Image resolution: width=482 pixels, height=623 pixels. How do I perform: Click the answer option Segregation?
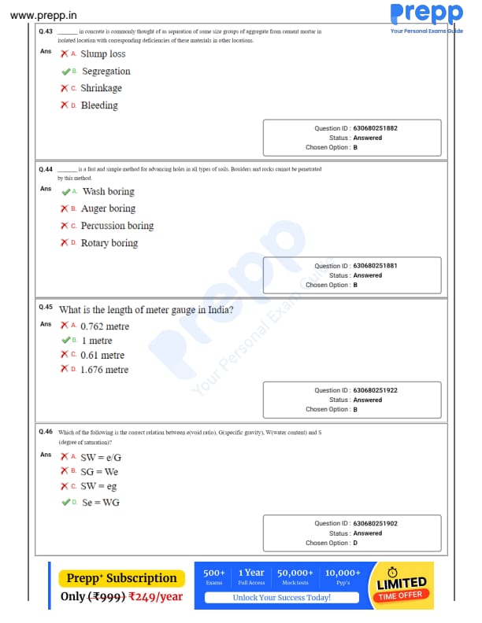tap(106, 72)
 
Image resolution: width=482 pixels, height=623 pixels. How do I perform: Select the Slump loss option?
tap(103, 54)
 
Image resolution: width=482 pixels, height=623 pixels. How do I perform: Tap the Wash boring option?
tap(109, 192)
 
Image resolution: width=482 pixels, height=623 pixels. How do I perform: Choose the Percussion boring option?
tap(117, 226)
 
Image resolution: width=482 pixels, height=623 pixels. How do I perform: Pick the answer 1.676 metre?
tap(105, 370)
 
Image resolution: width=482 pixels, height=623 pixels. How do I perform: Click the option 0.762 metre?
tap(105, 326)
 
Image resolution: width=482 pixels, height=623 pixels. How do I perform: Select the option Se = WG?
tap(101, 503)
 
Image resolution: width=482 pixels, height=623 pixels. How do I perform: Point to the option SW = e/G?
tap(101, 457)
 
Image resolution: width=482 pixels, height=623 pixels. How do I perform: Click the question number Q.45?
tap(46, 307)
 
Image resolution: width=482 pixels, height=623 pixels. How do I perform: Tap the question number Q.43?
tap(46, 31)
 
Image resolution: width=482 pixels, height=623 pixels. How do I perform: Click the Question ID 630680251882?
tap(375, 128)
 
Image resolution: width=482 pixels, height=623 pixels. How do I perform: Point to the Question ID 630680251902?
tap(375, 524)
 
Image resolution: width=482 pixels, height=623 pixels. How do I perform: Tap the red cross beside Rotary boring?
tap(65, 243)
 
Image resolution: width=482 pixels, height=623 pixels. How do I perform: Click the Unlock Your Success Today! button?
tap(281, 598)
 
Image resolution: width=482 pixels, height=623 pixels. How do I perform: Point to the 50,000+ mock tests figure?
tap(295, 573)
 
